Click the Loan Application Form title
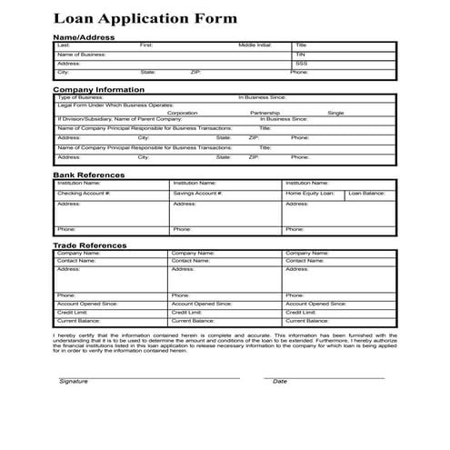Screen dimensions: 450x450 (x=145, y=18)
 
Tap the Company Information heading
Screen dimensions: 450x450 (x=98, y=89)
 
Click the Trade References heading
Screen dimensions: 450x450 (x=90, y=245)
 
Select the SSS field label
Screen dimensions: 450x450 (x=301, y=64)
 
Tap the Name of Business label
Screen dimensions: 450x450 (x=82, y=54)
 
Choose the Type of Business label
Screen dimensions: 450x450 (x=78, y=96)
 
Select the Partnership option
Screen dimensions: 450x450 (x=265, y=113)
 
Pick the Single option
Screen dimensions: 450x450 (x=335, y=113)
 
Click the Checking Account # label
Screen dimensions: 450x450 (x=84, y=193)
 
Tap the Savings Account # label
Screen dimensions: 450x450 (x=197, y=193)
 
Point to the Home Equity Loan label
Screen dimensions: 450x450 (x=310, y=193)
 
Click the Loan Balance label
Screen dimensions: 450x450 (x=367, y=193)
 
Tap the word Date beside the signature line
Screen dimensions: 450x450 (x=280, y=381)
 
